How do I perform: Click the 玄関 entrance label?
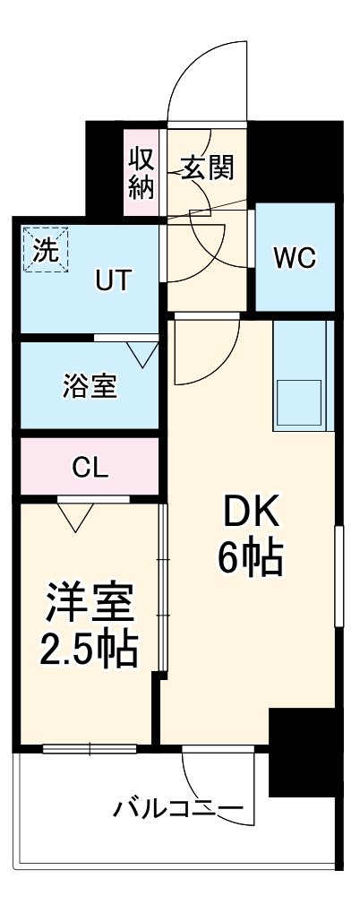pyautogui.click(x=209, y=168)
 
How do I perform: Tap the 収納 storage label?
pyautogui.click(x=141, y=172)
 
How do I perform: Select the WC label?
pyautogui.click(x=295, y=258)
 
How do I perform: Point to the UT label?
pyautogui.click(x=114, y=282)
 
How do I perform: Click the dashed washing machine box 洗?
pyautogui.click(x=45, y=248)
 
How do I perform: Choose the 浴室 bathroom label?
pyautogui.click(x=90, y=388)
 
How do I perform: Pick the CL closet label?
pyautogui.click(x=90, y=466)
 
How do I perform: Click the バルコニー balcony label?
pyautogui.click(x=177, y=810)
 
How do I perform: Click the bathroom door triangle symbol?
pyautogui.click(x=141, y=353)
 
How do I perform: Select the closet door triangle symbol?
pyautogui.click(x=75, y=514)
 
